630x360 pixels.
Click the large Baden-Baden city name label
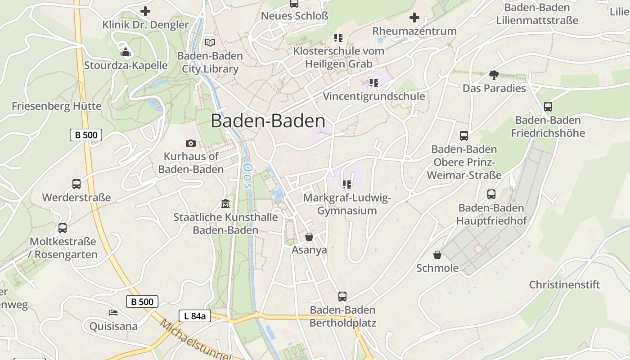268,121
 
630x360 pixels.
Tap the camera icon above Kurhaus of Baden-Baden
191,143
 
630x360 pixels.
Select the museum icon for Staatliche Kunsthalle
225,204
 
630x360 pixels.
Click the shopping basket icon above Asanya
309,237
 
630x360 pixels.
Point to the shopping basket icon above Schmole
437,255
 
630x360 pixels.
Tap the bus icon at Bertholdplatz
342,297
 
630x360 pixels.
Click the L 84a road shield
195,316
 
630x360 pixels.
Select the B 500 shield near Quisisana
142,301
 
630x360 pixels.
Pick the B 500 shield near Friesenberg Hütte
86,135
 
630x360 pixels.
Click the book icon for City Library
210,42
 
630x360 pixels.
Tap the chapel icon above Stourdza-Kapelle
126,52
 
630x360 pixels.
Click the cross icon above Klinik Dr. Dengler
145,11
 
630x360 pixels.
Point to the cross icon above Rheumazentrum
414,18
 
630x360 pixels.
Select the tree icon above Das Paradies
494,75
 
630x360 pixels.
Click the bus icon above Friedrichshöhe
548,107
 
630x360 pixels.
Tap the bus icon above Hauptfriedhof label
491,194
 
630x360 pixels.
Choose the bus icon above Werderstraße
76,184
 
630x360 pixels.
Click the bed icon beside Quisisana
113,312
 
